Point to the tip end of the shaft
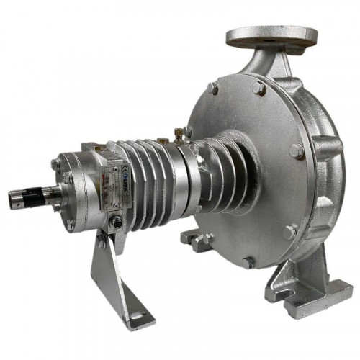click(12, 199)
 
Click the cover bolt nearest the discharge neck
click(257, 87)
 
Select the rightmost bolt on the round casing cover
click(296, 151)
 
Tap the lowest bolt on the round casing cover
click(247, 262)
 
